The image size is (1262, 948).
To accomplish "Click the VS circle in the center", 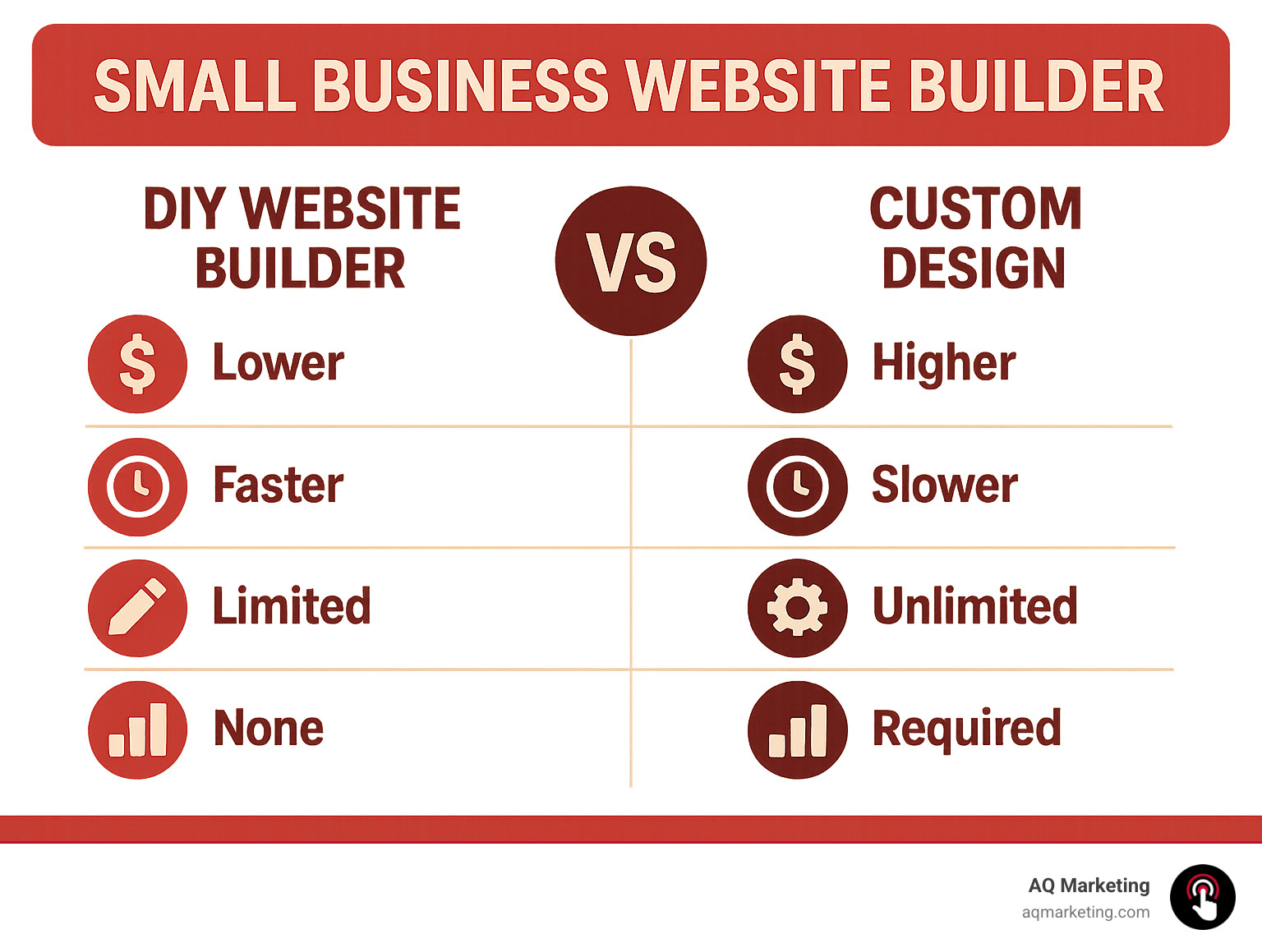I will (630, 261).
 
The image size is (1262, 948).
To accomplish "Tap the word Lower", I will (278, 362).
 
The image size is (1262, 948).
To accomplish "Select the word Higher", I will (943, 362).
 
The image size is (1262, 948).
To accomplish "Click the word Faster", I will (278, 485).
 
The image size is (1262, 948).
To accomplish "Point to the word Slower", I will (944, 485).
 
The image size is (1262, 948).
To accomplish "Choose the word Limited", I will (292, 606).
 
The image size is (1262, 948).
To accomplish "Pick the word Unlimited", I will (974, 606).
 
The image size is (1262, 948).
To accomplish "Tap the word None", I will (268, 728).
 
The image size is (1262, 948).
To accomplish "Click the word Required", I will (966, 728).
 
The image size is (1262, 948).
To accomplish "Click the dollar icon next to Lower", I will (137, 364).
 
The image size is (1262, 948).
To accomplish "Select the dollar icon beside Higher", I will (797, 364).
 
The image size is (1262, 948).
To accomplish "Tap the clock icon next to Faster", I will (137, 486).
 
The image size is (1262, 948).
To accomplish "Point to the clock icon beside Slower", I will (797, 486).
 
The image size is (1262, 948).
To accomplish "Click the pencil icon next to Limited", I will (137, 608).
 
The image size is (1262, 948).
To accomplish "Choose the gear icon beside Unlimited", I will (797, 608).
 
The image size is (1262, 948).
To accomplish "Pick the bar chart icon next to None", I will (137, 729).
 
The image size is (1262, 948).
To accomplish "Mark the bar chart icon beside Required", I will (797, 729).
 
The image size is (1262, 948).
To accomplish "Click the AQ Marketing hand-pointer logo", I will (1202, 897).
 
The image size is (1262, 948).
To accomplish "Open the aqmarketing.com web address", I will (1085, 912).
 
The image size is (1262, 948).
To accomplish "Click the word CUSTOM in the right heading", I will (975, 209).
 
